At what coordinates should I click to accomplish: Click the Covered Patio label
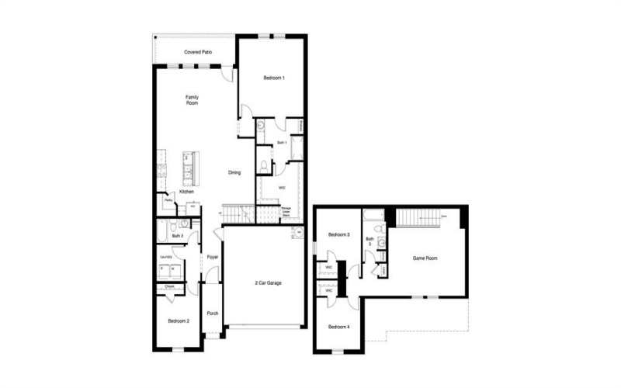198,52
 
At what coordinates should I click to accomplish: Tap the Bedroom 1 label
274,78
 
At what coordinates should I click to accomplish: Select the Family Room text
192,100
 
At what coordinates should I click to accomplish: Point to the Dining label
234,172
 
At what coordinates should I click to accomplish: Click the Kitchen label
186,192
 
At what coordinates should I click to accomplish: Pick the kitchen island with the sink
189,165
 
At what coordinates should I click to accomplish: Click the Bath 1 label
282,143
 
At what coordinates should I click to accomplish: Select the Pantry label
168,200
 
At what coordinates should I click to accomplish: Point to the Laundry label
165,257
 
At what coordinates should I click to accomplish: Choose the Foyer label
211,257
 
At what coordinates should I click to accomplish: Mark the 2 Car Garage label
268,283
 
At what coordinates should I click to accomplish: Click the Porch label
212,314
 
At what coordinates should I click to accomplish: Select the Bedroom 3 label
338,234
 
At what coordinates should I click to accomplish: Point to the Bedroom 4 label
338,327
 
